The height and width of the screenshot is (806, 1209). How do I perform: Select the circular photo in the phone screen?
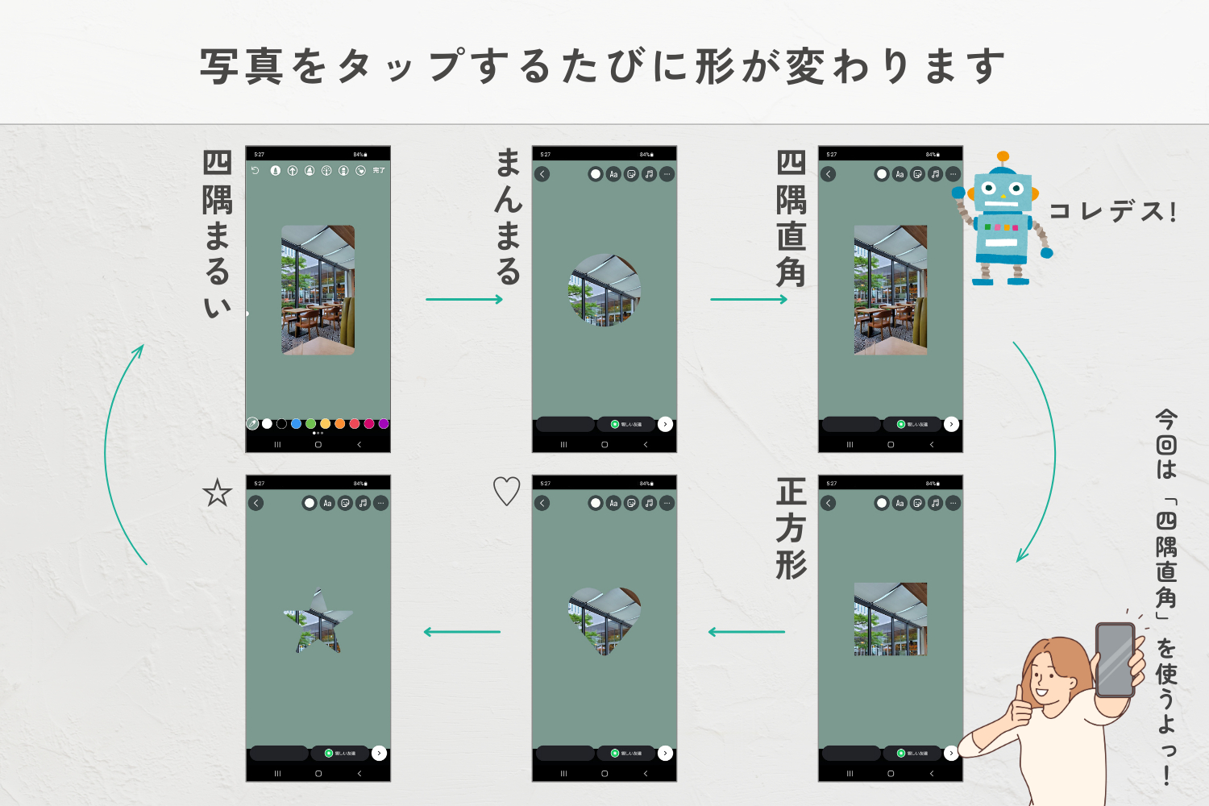[x=604, y=290]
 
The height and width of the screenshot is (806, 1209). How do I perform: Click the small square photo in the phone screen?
[x=891, y=619]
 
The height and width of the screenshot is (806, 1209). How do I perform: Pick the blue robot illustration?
[x=1002, y=219]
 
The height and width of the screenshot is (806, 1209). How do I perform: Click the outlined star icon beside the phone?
[x=217, y=492]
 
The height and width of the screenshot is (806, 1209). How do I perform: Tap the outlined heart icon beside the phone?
[x=506, y=491]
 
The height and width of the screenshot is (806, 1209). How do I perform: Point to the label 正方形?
[x=791, y=529]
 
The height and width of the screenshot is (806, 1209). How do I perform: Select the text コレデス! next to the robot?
[x=1112, y=212]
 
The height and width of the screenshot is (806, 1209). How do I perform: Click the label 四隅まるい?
[x=217, y=235]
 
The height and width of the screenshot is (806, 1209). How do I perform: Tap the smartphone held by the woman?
[x=1116, y=659]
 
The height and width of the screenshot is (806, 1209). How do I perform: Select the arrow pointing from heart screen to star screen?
[x=462, y=632]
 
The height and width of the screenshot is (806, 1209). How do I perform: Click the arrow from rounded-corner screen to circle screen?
[x=464, y=299]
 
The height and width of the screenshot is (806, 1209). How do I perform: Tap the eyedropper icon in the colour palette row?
[x=252, y=424]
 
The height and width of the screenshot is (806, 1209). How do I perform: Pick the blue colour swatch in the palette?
[x=296, y=424]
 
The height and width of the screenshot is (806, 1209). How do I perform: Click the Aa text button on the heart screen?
[x=613, y=503]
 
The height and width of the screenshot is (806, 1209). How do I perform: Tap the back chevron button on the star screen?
[x=256, y=503]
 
